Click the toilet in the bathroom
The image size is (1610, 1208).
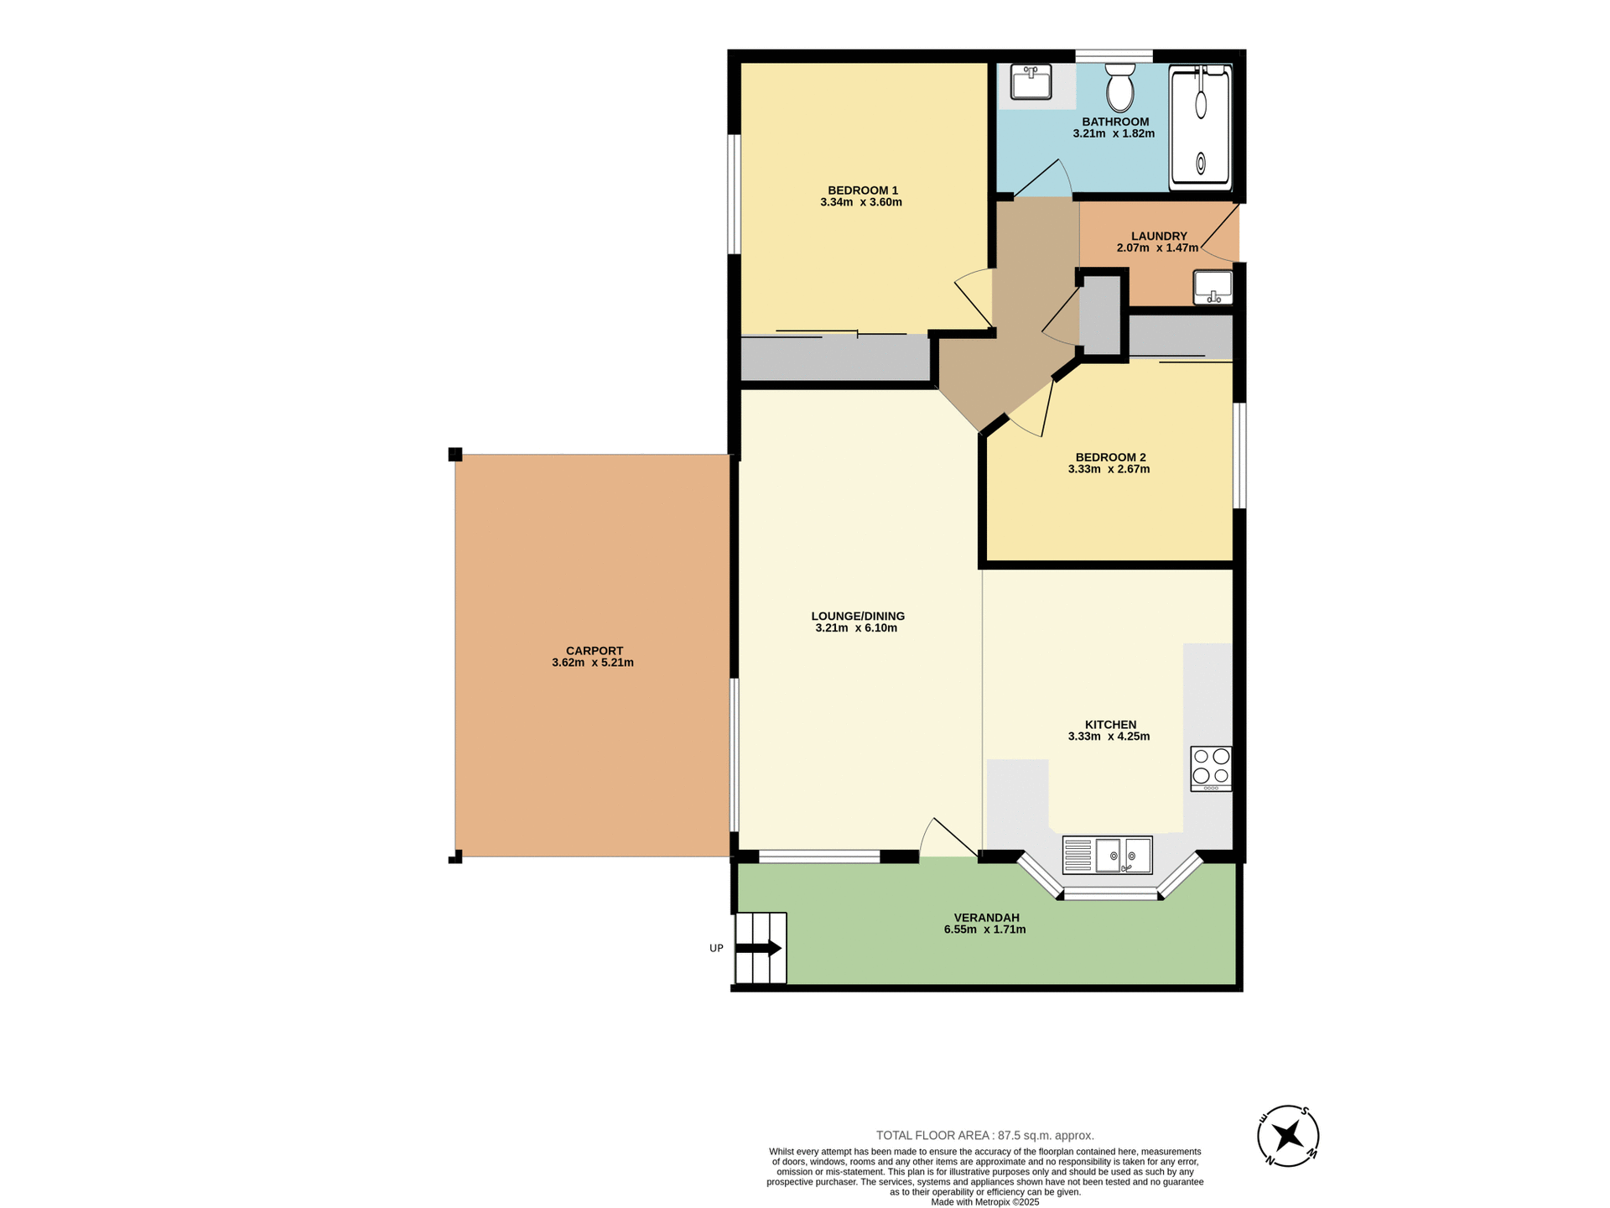coord(1119,88)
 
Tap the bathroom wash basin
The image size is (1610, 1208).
coord(1031,82)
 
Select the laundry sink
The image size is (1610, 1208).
coord(1213,288)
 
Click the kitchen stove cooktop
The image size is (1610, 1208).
coord(1211,768)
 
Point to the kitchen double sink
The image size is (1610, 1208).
coord(1107,855)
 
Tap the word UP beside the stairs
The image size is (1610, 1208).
coord(716,949)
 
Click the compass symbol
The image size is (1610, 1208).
coord(1288,1136)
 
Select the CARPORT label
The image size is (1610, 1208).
coord(594,651)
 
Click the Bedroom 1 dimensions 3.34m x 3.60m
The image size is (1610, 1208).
coord(861,202)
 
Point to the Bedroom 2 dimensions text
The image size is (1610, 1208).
coord(1109,469)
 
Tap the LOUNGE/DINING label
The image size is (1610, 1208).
coord(858,616)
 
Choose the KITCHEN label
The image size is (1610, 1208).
coord(1110,725)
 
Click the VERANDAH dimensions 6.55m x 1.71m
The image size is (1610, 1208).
coord(984,929)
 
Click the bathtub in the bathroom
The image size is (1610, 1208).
coord(1201,126)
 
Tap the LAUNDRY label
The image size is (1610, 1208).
coord(1158,237)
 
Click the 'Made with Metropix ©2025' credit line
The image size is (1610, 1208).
coord(984,1202)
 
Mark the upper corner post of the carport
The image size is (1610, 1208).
coord(455,455)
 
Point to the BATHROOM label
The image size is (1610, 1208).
coord(1115,122)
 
